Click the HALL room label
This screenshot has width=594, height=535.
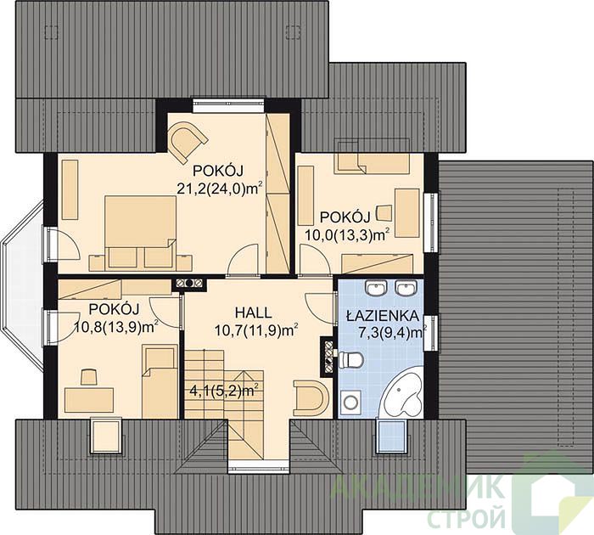pyautogui.click(x=253, y=313)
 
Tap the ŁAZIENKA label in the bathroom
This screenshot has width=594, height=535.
pyautogui.click(x=383, y=315)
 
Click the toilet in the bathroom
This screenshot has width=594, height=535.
pyautogui.click(x=352, y=359)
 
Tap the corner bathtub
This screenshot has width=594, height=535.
pyautogui.click(x=402, y=396)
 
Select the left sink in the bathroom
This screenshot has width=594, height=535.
pyautogui.click(x=376, y=288)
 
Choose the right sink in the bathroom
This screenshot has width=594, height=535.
pyautogui.click(x=406, y=288)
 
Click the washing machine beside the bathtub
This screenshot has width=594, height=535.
pyautogui.click(x=350, y=403)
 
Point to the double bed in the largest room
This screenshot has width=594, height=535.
pyautogui.click(x=141, y=231)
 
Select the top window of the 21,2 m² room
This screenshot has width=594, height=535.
pyautogui.click(x=228, y=106)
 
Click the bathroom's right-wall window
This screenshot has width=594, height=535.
pyautogui.click(x=431, y=334)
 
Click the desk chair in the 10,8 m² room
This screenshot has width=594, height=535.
pyautogui.click(x=88, y=377)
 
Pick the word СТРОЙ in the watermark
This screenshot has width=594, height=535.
pyautogui.click(x=467, y=518)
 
